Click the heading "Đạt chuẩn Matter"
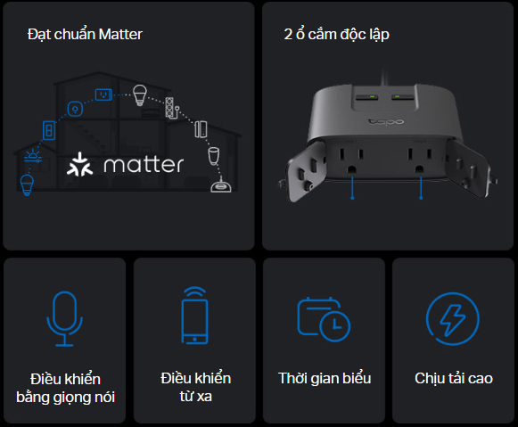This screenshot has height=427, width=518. (85, 35)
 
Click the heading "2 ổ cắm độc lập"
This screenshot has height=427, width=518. (337, 35)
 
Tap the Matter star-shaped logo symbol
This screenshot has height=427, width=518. (79, 164)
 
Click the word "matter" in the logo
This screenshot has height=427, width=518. (144, 164)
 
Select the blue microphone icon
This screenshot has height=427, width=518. (65, 318)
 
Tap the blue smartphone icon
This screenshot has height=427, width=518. (195, 316)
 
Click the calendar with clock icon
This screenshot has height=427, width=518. (324, 319)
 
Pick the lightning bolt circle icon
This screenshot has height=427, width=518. (453, 318)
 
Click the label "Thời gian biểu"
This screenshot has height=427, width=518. (325, 379)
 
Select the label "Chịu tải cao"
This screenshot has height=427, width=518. (454, 379)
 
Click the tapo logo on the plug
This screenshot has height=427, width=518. (386, 121)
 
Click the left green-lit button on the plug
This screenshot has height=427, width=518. (367, 97)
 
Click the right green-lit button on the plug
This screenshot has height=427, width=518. (402, 97)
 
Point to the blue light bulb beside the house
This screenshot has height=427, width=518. (27, 185)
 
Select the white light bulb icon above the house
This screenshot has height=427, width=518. (140, 95)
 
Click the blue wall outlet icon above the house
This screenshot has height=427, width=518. (103, 94)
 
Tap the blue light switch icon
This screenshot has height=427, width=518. (49, 130)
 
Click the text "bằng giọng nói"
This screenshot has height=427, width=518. (65, 398)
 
